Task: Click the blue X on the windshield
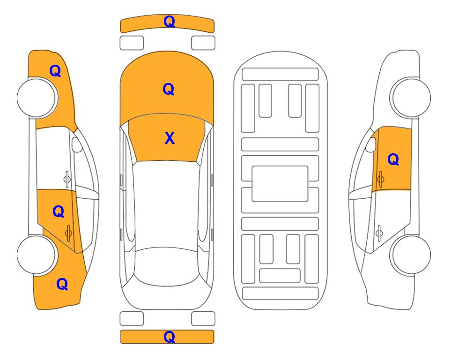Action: (170, 138)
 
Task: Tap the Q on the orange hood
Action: (169, 89)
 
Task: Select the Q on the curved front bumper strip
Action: (170, 22)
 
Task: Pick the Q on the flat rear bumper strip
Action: (170, 337)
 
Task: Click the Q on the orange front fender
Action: (55, 71)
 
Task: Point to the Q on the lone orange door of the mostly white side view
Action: (393, 159)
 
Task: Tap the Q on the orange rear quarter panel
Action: (62, 284)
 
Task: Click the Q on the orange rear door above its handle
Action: (59, 212)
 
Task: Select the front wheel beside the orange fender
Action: (37, 98)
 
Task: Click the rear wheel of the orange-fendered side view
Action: (37, 255)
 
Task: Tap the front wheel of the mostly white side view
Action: (410, 98)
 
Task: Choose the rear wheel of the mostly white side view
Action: (410, 255)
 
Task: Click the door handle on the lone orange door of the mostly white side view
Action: (381, 179)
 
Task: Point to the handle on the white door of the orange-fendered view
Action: (67, 179)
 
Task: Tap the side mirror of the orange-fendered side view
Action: (76, 144)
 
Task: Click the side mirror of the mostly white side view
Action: (371, 144)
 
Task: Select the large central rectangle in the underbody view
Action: (280, 184)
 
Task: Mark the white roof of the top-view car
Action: (166, 205)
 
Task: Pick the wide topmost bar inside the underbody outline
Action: (280, 75)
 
